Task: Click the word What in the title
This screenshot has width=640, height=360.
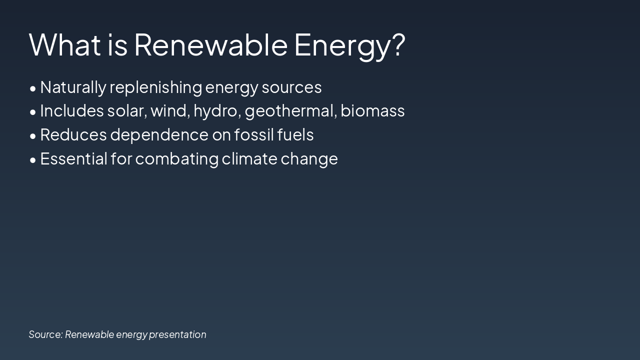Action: (65, 44)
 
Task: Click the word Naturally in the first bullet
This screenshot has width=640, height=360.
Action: (73, 87)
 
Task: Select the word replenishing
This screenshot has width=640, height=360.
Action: (155, 87)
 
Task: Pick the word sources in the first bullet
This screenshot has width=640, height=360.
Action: (291, 87)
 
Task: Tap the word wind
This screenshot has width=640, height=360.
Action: (170, 111)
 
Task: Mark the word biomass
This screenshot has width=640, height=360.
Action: (372, 111)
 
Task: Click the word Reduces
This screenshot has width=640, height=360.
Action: (73, 135)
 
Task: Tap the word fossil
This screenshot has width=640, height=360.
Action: (253, 135)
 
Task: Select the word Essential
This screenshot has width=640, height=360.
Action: (73, 159)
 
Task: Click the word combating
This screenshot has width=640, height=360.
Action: (177, 159)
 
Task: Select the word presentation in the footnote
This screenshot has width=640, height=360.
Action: (177, 334)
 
